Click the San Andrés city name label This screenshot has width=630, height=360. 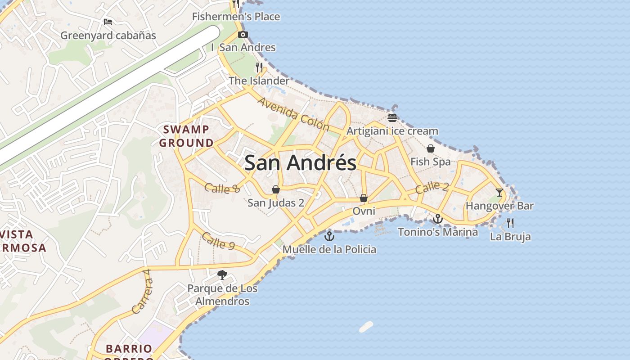300,162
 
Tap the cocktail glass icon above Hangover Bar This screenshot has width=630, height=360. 499,193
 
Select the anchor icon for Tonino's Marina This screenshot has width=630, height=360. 437,219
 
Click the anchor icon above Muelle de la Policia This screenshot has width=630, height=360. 330,236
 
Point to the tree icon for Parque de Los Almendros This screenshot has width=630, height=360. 222,275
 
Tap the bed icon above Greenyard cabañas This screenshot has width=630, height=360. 108,22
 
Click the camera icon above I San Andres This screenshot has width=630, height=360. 243,34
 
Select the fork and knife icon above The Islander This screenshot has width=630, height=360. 259,67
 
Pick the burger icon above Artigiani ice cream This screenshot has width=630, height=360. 392,118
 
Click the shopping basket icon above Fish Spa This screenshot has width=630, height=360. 431,148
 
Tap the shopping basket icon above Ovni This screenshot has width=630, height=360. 364,198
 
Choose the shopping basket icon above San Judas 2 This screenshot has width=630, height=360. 276,190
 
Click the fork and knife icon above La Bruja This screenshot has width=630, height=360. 510,223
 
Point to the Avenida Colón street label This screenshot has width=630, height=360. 293,114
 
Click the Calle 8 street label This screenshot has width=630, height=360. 222,188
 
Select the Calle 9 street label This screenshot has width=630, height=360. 218,241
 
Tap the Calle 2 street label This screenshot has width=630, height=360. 432,187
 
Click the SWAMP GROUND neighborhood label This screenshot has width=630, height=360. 186,136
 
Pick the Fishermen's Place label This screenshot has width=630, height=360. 236,17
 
